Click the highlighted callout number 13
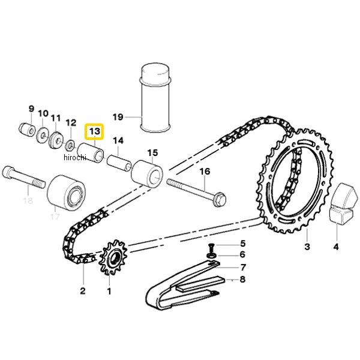point(95,131)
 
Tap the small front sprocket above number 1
point(113,257)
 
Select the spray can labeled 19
point(155,98)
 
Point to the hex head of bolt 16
point(220,199)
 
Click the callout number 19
point(118,117)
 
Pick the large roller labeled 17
point(66,192)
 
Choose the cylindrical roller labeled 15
point(147,173)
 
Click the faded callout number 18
point(28,200)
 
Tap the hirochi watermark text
point(75,157)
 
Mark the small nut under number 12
point(70,145)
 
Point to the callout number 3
point(307,247)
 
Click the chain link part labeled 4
point(343,203)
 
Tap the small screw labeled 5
point(211,248)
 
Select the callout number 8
point(242,279)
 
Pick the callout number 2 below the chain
point(83,290)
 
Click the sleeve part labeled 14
point(119,163)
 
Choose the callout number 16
point(205,171)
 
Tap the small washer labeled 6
point(211,256)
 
